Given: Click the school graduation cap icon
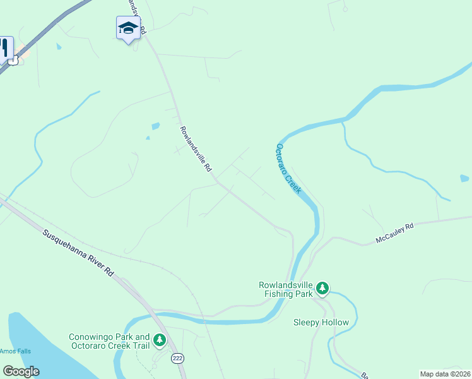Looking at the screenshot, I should pyautogui.click(x=128, y=28).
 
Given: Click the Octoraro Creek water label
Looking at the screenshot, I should pyautogui.click(x=288, y=168).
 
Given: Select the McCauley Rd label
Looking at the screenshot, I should pyautogui.click(x=394, y=233).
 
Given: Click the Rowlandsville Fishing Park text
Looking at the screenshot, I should pyautogui.click(x=286, y=289).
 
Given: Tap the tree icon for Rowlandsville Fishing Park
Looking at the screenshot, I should pyautogui.click(x=323, y=289).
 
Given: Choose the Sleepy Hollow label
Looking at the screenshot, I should pyautogui.click(x=321, y=322).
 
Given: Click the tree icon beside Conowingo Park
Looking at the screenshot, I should pyautogui.click(x=160, y=341).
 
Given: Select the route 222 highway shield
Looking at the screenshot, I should pyautogui.click(x=177, y=358).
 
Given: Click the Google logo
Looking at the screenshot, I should pyautogui.click(x=21, y=371).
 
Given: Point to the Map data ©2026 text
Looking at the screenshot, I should pyautogui.click(x=445, y=374).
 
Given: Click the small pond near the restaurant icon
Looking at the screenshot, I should pyautogui.click(x=59, y=46).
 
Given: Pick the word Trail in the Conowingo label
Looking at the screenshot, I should pyautogui.click(x=139, y=346).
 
